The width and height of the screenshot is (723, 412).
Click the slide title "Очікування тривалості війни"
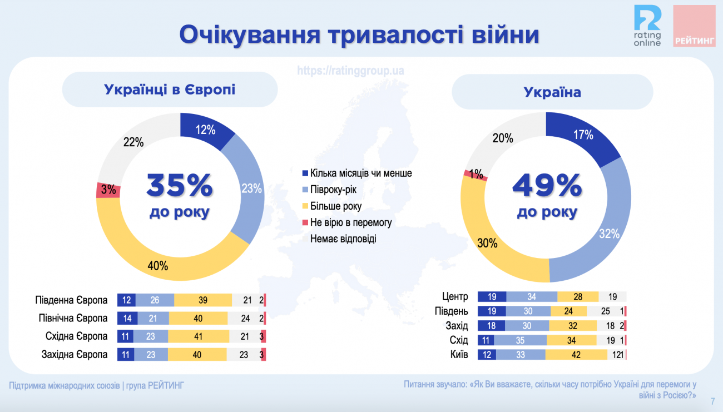(359, 34)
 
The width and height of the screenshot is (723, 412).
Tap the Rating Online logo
(648, 26)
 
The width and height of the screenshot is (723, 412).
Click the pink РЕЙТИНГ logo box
(695, 26)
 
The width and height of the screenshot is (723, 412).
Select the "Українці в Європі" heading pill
(170, 89)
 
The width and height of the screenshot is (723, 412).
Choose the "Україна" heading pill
(552, 92)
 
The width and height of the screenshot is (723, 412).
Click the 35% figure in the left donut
(180, 186)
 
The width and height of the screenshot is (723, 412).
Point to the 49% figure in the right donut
(547, 186)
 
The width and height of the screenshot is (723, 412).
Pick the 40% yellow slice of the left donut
(159, 261)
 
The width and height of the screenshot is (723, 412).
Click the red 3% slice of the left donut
(107, 190)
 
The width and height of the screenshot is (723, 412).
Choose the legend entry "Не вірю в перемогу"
(350, 222)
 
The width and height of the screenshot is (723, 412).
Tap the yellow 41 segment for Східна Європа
(199, 336)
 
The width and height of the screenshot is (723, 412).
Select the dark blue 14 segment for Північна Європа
(127, 319)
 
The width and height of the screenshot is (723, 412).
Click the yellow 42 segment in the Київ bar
(576, 355)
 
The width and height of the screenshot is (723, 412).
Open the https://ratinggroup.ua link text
(350, 71)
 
